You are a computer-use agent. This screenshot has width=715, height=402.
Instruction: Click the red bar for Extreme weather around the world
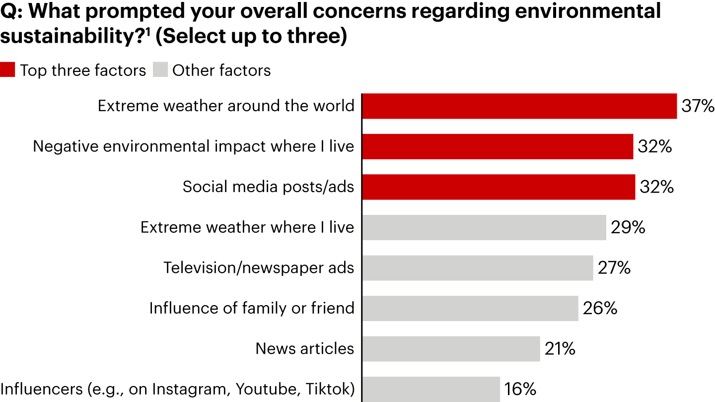(x=519, y=106)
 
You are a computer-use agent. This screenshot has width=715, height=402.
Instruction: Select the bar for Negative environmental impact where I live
(x=498, y=146)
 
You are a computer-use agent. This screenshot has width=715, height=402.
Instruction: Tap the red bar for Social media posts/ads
(x=499, y=187)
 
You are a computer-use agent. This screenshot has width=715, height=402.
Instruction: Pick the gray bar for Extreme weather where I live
(x=484, y=227)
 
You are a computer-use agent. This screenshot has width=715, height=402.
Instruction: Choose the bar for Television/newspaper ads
(x=478, y=268)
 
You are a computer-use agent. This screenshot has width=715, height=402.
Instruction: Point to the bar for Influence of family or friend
(x=470, y=308)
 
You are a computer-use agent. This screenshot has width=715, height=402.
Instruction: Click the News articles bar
(x=451, y=349)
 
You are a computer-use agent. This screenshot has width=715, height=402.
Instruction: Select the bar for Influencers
(x=431, y=389)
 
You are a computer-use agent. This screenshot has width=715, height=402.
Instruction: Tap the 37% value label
(x=698, y=106)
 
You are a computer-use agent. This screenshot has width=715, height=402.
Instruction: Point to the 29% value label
(x=628, y=227)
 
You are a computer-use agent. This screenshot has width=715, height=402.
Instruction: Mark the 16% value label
(x=520, y=389)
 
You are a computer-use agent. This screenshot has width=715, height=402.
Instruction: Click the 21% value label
(x=560, y=349)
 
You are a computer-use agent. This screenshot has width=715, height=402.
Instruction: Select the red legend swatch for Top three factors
(x=7, y=70)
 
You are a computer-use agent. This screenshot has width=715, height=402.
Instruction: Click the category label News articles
(x=305, y=349)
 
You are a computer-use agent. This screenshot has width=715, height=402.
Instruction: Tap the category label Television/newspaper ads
(x=259, y=268)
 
